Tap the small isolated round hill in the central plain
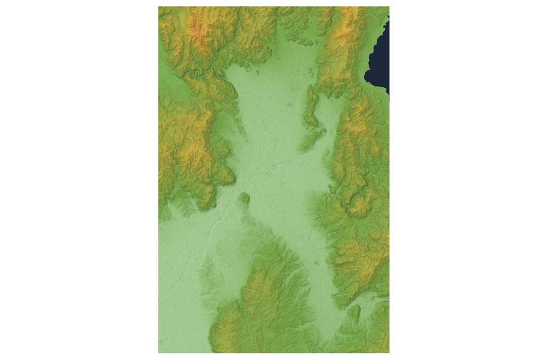click(x=245, y=197)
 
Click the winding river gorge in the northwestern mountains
click(x=204, y=73)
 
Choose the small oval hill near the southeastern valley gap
click(x=354, y=312)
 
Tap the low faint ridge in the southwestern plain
click(x=207, y=270)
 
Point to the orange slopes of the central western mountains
click(x=192, y=144)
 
